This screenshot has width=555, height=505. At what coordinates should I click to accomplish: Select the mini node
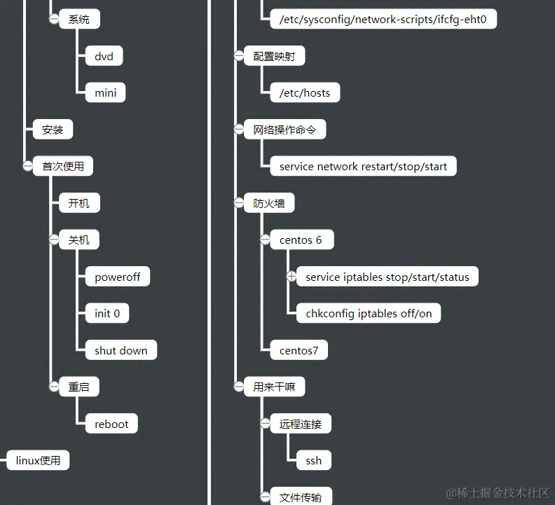click(x=105, y=92)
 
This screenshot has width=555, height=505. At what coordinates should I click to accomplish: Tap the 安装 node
click(x=53, y=130)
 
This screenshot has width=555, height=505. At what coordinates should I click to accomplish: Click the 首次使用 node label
click(x=63, y=166)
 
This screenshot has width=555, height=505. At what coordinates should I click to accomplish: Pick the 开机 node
click(x=78, y=203)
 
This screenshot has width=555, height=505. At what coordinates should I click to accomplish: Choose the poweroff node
click(x=117, y=277)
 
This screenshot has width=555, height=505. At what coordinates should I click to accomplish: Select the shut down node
click(x=121, y=350)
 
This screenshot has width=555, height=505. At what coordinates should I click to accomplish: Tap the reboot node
click(x=111, y=424)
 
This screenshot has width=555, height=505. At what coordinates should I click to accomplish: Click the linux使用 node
click(x=38, y=460)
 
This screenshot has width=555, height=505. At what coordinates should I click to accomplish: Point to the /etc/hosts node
click(x=304, y=92)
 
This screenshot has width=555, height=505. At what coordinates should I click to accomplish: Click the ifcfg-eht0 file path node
click(x=383, y=20)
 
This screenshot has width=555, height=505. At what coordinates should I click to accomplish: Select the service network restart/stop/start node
click(x=363, y=166)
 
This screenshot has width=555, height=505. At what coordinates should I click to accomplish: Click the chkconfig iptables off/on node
click(x=369, y=313)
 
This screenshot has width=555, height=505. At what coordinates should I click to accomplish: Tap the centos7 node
click(x=299, y=350)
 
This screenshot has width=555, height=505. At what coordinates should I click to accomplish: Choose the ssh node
click(x=313, y=460)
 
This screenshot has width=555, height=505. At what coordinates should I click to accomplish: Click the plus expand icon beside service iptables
click(x=292, y=277)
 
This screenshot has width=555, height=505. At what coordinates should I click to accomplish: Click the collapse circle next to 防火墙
click(x=238, y=203)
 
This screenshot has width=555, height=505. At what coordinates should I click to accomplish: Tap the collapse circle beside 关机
click(x=53, y=240)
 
